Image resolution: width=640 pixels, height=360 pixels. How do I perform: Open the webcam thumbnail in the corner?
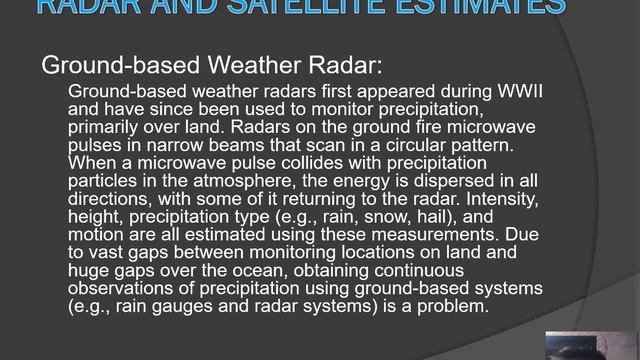pos(590,345)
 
